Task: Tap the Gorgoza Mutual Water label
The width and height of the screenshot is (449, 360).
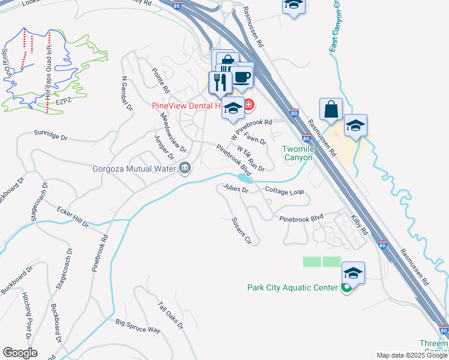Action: pyautogui.click(x=134, y=169)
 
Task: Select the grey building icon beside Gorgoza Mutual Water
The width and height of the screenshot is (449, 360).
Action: pyautogui.click(x=185, y=169)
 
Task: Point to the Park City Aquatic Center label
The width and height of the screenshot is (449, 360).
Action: pyautogui.click(x=292, y=288)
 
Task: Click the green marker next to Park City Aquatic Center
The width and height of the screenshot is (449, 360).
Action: pyautogui.click(x=346, y=288)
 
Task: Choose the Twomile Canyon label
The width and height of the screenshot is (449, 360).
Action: pyautogui.click(x=298, y=153)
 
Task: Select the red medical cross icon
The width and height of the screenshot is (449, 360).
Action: pyautogui.click(x=248, y=107)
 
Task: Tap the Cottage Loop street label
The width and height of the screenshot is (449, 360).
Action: pyautogui.click(x=285, y=191)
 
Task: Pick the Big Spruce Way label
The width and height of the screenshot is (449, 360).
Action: pyautogui.click(x=138, y=326)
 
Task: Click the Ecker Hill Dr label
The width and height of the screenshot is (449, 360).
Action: pyautogui.click(x=73, y=217)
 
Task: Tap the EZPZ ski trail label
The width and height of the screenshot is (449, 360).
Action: pyautogui.click(x=64, y=103)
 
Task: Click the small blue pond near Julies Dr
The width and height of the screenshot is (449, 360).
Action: pyautogui.click(x=245, y=179)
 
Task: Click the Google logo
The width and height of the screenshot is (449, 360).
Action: pyautogui.click(x=20, y=353)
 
